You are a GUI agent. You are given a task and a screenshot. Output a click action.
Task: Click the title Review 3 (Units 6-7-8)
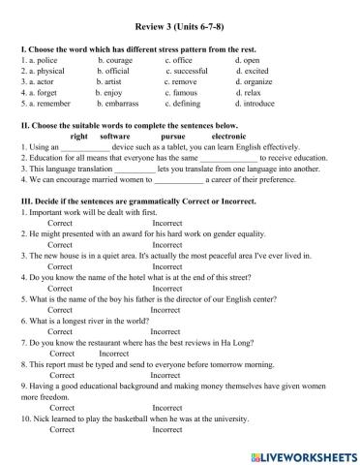pos(180,30)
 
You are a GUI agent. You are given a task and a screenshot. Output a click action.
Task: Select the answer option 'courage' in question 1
pos(119,61)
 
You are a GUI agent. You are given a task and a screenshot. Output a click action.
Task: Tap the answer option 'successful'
pos(187,71)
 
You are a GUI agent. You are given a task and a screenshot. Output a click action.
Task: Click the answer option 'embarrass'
pos(121,104)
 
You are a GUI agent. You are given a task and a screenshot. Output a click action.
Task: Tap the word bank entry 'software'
pos(116,137)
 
